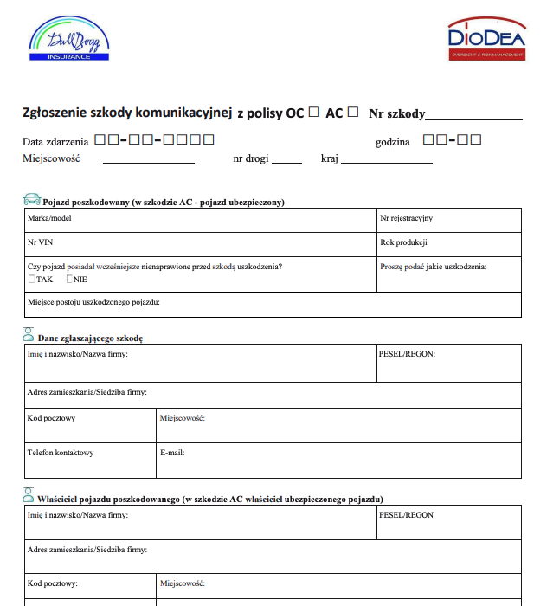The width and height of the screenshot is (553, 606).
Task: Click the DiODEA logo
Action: [486, 41]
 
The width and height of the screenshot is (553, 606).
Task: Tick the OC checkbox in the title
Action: [313, 112]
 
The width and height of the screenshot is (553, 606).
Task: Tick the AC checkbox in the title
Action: [352, 112]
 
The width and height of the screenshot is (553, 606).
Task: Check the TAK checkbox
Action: [32, 280]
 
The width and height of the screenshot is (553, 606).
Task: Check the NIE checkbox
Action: [70, 280]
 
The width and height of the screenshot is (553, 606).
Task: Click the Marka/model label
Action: [49, 218]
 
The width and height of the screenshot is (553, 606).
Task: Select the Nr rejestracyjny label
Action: [406, 218]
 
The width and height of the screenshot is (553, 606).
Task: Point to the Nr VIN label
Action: [41, 242]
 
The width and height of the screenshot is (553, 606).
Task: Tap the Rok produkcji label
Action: [403, 242]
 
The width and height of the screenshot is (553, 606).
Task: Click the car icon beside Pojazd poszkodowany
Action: [31, 200]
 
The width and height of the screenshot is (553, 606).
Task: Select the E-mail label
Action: [172, 452]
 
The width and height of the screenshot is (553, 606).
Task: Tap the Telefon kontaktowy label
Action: [61, 452]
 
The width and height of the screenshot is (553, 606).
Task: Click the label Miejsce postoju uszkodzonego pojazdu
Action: [93, 302]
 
